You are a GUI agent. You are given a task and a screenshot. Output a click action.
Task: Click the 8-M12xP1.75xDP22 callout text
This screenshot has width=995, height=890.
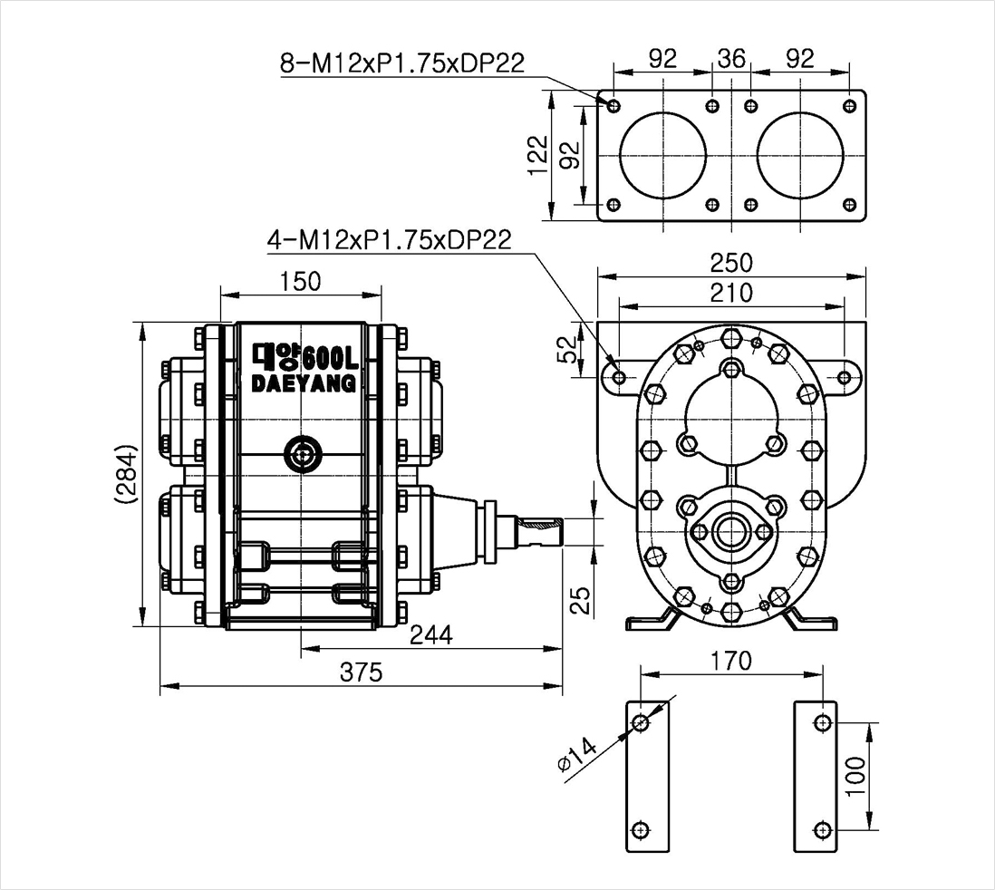coord(402,63)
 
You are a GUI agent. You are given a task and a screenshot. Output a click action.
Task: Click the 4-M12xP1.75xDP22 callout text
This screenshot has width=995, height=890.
coord(390,240)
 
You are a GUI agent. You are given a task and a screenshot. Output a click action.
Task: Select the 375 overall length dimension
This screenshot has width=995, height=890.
coord(361,672)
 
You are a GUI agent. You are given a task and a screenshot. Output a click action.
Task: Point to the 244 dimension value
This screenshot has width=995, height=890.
coord(431,634)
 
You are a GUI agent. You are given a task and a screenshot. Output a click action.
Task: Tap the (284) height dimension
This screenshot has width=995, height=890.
coord(126,474)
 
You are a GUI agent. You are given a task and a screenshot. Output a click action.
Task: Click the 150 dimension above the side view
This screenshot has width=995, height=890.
coord(300,281)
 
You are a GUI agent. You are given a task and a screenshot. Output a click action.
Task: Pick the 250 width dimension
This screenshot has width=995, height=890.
coord(731,262)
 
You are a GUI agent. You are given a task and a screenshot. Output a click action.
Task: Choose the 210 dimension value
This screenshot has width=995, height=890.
coord(731,293)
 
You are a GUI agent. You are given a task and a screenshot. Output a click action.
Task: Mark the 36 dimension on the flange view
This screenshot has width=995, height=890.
coord(731,58)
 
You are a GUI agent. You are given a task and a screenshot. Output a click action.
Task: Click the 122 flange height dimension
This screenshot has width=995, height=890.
coord(538,155)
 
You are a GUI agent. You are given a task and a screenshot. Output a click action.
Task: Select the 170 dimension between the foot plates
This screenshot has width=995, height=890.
coord(731,660)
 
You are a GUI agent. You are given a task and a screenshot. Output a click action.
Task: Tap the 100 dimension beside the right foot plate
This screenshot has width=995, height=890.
coord(856,775)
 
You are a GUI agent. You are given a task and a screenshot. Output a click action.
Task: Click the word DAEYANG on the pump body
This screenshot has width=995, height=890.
coord(304,383)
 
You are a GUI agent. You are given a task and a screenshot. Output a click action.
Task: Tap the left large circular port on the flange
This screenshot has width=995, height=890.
coord(662,156)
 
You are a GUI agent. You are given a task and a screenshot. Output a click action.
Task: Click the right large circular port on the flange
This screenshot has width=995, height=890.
coord(800,156)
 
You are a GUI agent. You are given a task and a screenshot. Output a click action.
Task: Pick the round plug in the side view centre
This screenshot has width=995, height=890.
coord(303,454)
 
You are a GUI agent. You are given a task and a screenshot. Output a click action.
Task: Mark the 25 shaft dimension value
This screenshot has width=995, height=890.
coord(579,600)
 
